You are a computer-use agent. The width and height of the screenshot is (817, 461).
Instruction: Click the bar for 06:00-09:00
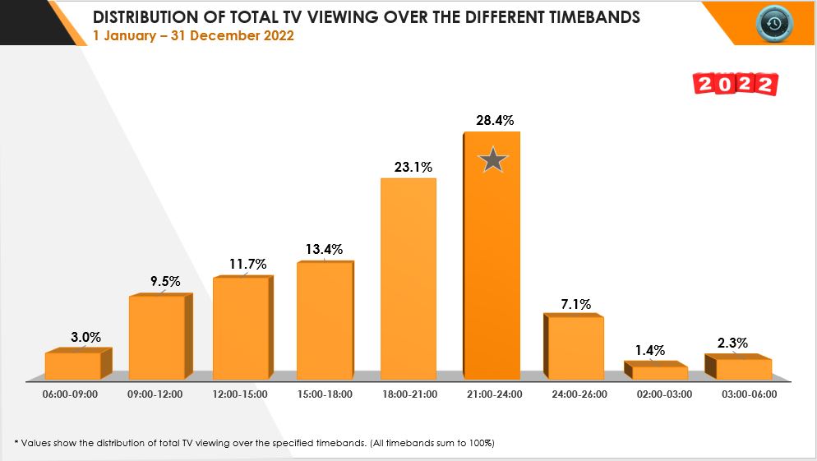coord(72,366)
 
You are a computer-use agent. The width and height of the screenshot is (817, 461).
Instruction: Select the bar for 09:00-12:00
coord(156,337)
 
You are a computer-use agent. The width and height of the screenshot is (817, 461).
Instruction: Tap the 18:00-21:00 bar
coord(408,279)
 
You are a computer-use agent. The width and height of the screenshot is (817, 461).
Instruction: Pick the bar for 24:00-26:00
coord(575,347)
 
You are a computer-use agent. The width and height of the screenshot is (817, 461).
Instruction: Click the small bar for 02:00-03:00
coord(659,372)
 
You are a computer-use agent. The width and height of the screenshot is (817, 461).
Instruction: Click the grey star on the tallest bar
coord(492,159)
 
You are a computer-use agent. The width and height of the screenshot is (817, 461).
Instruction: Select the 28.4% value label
coord(495,121)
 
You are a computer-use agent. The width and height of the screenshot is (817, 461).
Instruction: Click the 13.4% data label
coord(323,250)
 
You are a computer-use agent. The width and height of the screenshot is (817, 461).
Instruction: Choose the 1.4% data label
coord(649,350)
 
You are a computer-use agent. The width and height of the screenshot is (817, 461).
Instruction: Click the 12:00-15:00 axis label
coord(239,394)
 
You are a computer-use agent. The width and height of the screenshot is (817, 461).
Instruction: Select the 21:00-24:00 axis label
coord(492,394)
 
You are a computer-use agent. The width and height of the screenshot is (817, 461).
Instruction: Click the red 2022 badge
coord(736,85)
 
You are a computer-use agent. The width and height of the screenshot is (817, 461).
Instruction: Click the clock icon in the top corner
coord(773,24)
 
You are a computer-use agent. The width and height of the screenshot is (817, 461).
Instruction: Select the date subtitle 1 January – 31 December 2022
coord(193,36)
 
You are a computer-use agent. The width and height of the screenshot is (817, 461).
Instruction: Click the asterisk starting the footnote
coord(16,443)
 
